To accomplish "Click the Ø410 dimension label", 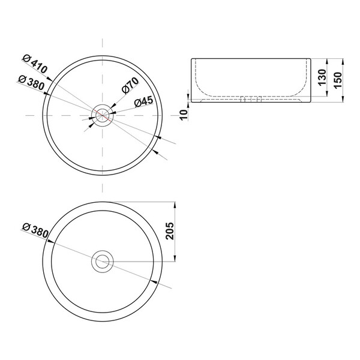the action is pos(35,64).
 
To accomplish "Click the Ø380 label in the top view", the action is pos(31,83).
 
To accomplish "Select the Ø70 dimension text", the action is pos(130,86).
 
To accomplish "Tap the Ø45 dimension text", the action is pos(144,102).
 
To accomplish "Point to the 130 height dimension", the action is pos(322,77).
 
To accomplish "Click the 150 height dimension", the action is pos(338,80).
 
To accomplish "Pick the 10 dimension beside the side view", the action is pos(184,115).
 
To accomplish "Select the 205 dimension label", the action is pos(170,231).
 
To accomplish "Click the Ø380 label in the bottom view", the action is pos(35,230).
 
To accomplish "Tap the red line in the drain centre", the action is pos(103,115).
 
